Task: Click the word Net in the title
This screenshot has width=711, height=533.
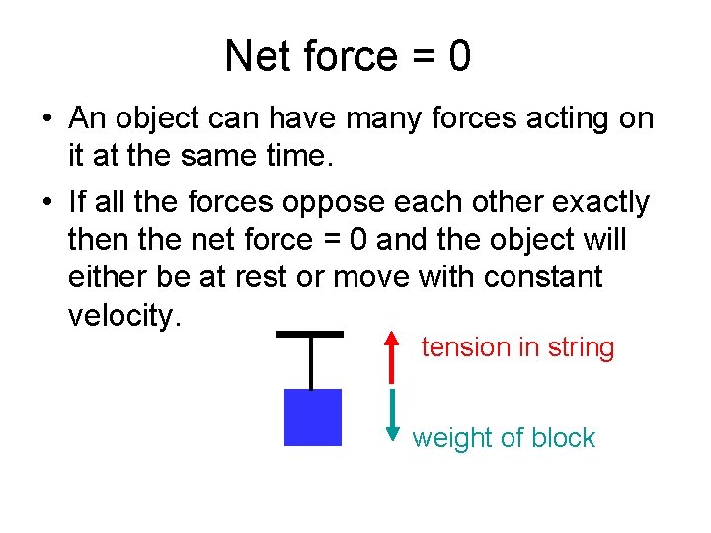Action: [x=254, y=57]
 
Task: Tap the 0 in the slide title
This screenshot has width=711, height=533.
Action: [x=459, y=57]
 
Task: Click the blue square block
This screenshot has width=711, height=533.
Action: [x=312, y=418]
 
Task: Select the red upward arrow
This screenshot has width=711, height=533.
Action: [x=393, y=356]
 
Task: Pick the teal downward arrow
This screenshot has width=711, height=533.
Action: [x=393, y=415]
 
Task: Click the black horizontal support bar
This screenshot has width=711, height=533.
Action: [x=310, y=333]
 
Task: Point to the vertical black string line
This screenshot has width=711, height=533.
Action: [x=311, y=362]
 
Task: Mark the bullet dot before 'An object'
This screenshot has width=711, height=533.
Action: [x=46, y=119]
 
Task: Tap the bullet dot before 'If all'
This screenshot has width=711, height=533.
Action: [x=46, y=203]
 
